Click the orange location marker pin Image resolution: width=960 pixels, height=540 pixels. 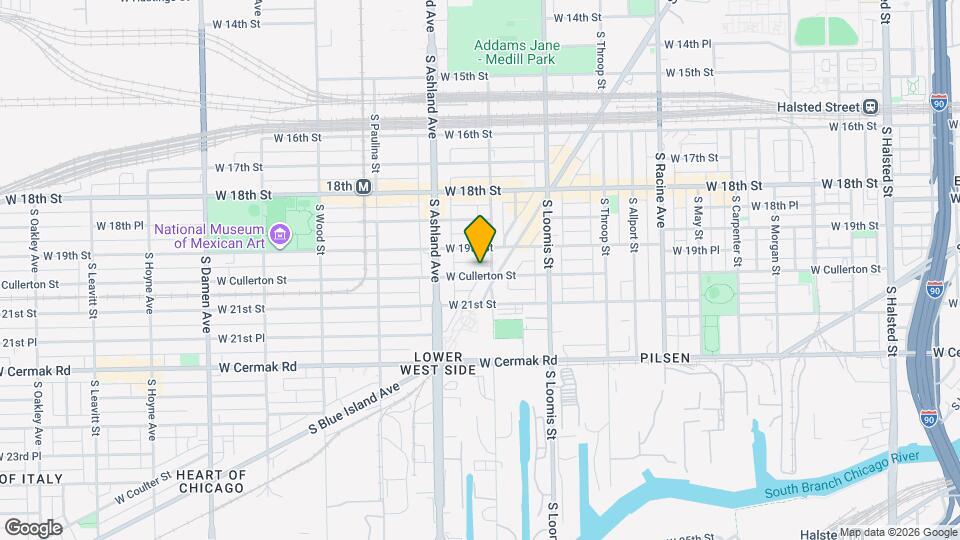[481, 238]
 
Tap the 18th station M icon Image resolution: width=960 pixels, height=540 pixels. [364, 186]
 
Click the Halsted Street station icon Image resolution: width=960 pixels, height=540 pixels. [871, 106]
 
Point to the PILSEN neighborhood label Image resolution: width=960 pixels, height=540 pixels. [666, 357]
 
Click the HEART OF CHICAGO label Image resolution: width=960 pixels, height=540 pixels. [209, 481]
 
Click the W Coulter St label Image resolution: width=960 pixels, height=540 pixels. [143, 489]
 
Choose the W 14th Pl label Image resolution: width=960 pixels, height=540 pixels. [687, 44]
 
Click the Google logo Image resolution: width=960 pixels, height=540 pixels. [33, 527]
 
